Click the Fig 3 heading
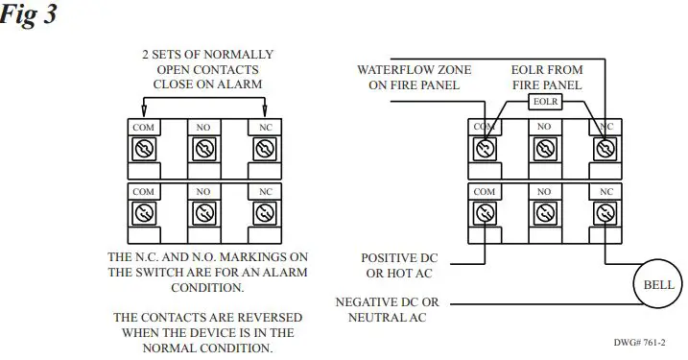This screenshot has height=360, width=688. tap(30, 16)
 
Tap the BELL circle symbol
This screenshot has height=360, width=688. tap(657, 284)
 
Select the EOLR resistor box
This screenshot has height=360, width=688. tap(545, 102)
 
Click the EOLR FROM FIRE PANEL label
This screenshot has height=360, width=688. tap(545, 78)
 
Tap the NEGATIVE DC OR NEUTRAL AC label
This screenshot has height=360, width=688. tap(388, 309)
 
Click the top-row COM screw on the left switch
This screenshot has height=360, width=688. tap(143, 149)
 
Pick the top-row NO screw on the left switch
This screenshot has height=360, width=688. tap(202, 149)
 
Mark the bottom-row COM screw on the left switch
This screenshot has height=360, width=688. tap(143, 213)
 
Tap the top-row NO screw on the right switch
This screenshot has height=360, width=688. tap(544, 149)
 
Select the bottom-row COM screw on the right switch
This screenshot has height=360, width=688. tap(485, 213)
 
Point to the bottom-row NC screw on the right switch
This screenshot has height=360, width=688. tap(605, 213)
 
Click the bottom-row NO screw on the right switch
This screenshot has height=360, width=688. tap(544, 213)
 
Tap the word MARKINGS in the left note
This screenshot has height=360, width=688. tap(248, 257)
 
